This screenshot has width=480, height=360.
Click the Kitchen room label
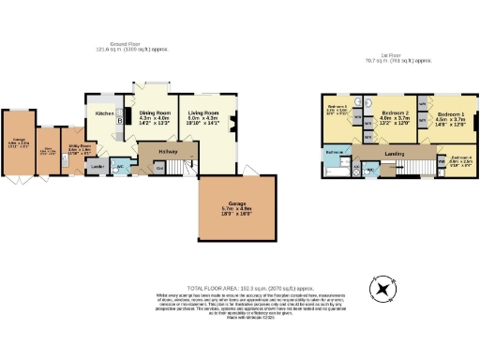[x=103, y=114]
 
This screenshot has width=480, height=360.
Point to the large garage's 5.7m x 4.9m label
[x=237, y=209]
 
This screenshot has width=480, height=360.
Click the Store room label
[x=46, y=153]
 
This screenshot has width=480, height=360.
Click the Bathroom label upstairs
[x=335, y=151]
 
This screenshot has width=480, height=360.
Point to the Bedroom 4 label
[x=459, y=158]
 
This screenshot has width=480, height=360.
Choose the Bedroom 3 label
[x=337, y=110]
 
